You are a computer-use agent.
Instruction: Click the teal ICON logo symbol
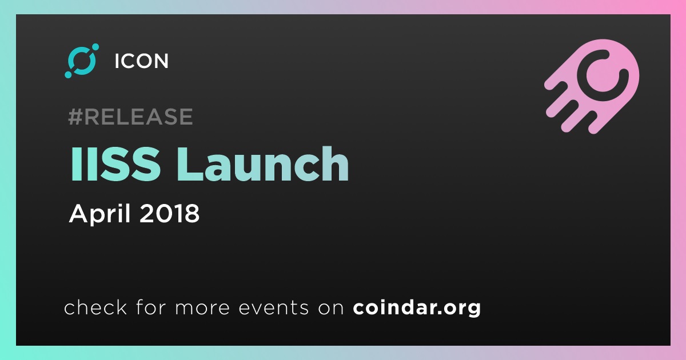point(82,61)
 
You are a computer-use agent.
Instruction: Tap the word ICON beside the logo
point(142,61)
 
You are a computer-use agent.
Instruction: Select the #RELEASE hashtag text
point(130,117)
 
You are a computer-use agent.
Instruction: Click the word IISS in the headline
point(115,164)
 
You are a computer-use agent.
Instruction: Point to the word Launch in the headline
point(262,164)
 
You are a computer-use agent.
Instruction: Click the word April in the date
point(100,214)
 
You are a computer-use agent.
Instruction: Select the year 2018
point(169,213)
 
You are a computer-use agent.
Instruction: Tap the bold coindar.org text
point(417,308)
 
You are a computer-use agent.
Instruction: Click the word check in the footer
point(95,307)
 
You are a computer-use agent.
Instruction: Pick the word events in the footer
point(273,308)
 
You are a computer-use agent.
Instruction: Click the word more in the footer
point(202,308)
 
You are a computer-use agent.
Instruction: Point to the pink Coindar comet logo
point(592,86)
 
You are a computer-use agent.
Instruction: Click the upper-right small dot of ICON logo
point(95,47)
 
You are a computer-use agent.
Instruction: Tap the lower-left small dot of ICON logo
point(68,74)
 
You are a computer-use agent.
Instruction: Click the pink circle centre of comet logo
point(603,75)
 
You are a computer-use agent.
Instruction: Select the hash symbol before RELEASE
point(75,117)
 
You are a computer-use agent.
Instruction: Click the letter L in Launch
point(190,164)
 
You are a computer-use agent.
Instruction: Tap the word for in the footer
point(151,307)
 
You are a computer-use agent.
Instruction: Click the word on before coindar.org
point(331,308)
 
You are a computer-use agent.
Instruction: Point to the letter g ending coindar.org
point(473,310)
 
